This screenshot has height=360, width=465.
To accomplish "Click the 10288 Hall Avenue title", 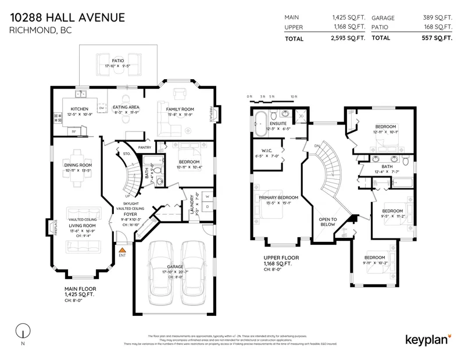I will pyautogui.click(x=67, y=17).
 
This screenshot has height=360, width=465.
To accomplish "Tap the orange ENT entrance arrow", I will pyautogui.click(x=122, y=248).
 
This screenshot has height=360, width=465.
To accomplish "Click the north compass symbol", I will pyautogui.click(x=22, y=330).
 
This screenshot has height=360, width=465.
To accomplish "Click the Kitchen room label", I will pyautogui.click(x=79, y=109).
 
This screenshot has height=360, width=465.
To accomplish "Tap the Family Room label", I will pyautogui.click(x=180, y=109).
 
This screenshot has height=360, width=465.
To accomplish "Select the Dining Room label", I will pyautogui.click(x=77, y=166).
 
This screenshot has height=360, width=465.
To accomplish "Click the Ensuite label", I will pyautogui.click(x=277, y=123).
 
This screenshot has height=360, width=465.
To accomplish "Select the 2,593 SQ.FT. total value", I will pyautogui.click(x=348, y=38).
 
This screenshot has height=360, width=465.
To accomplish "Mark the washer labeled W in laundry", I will pyautogui.click(x=206, y=195).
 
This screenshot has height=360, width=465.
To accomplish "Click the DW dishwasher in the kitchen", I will pyautogui.click(x=102, y=108).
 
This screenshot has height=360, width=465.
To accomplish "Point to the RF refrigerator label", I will pyautogui.click(x=74, y=131).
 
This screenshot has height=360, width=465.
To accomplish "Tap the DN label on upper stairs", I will pyautogui.click(x=317, y=146).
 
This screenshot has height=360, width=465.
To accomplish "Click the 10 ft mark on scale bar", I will pyautogui.click(x=294, y=97).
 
